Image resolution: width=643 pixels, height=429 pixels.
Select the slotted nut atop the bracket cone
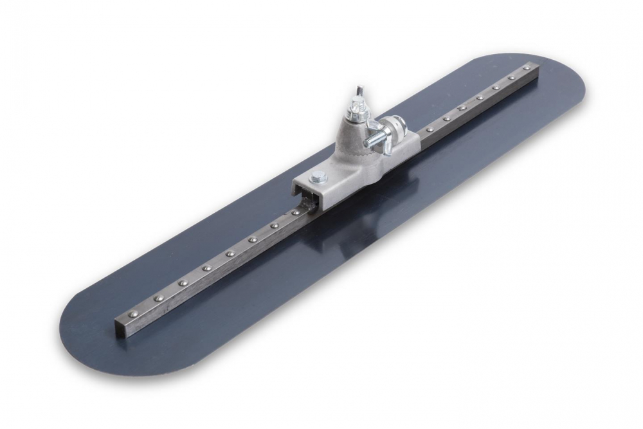tap(356, 114)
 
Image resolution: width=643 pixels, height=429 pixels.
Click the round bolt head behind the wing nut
tap(392, 125)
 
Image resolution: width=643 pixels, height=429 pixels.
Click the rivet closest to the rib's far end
tap(526, 68)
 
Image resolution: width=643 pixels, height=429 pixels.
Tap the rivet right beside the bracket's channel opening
tap(295, 212)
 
